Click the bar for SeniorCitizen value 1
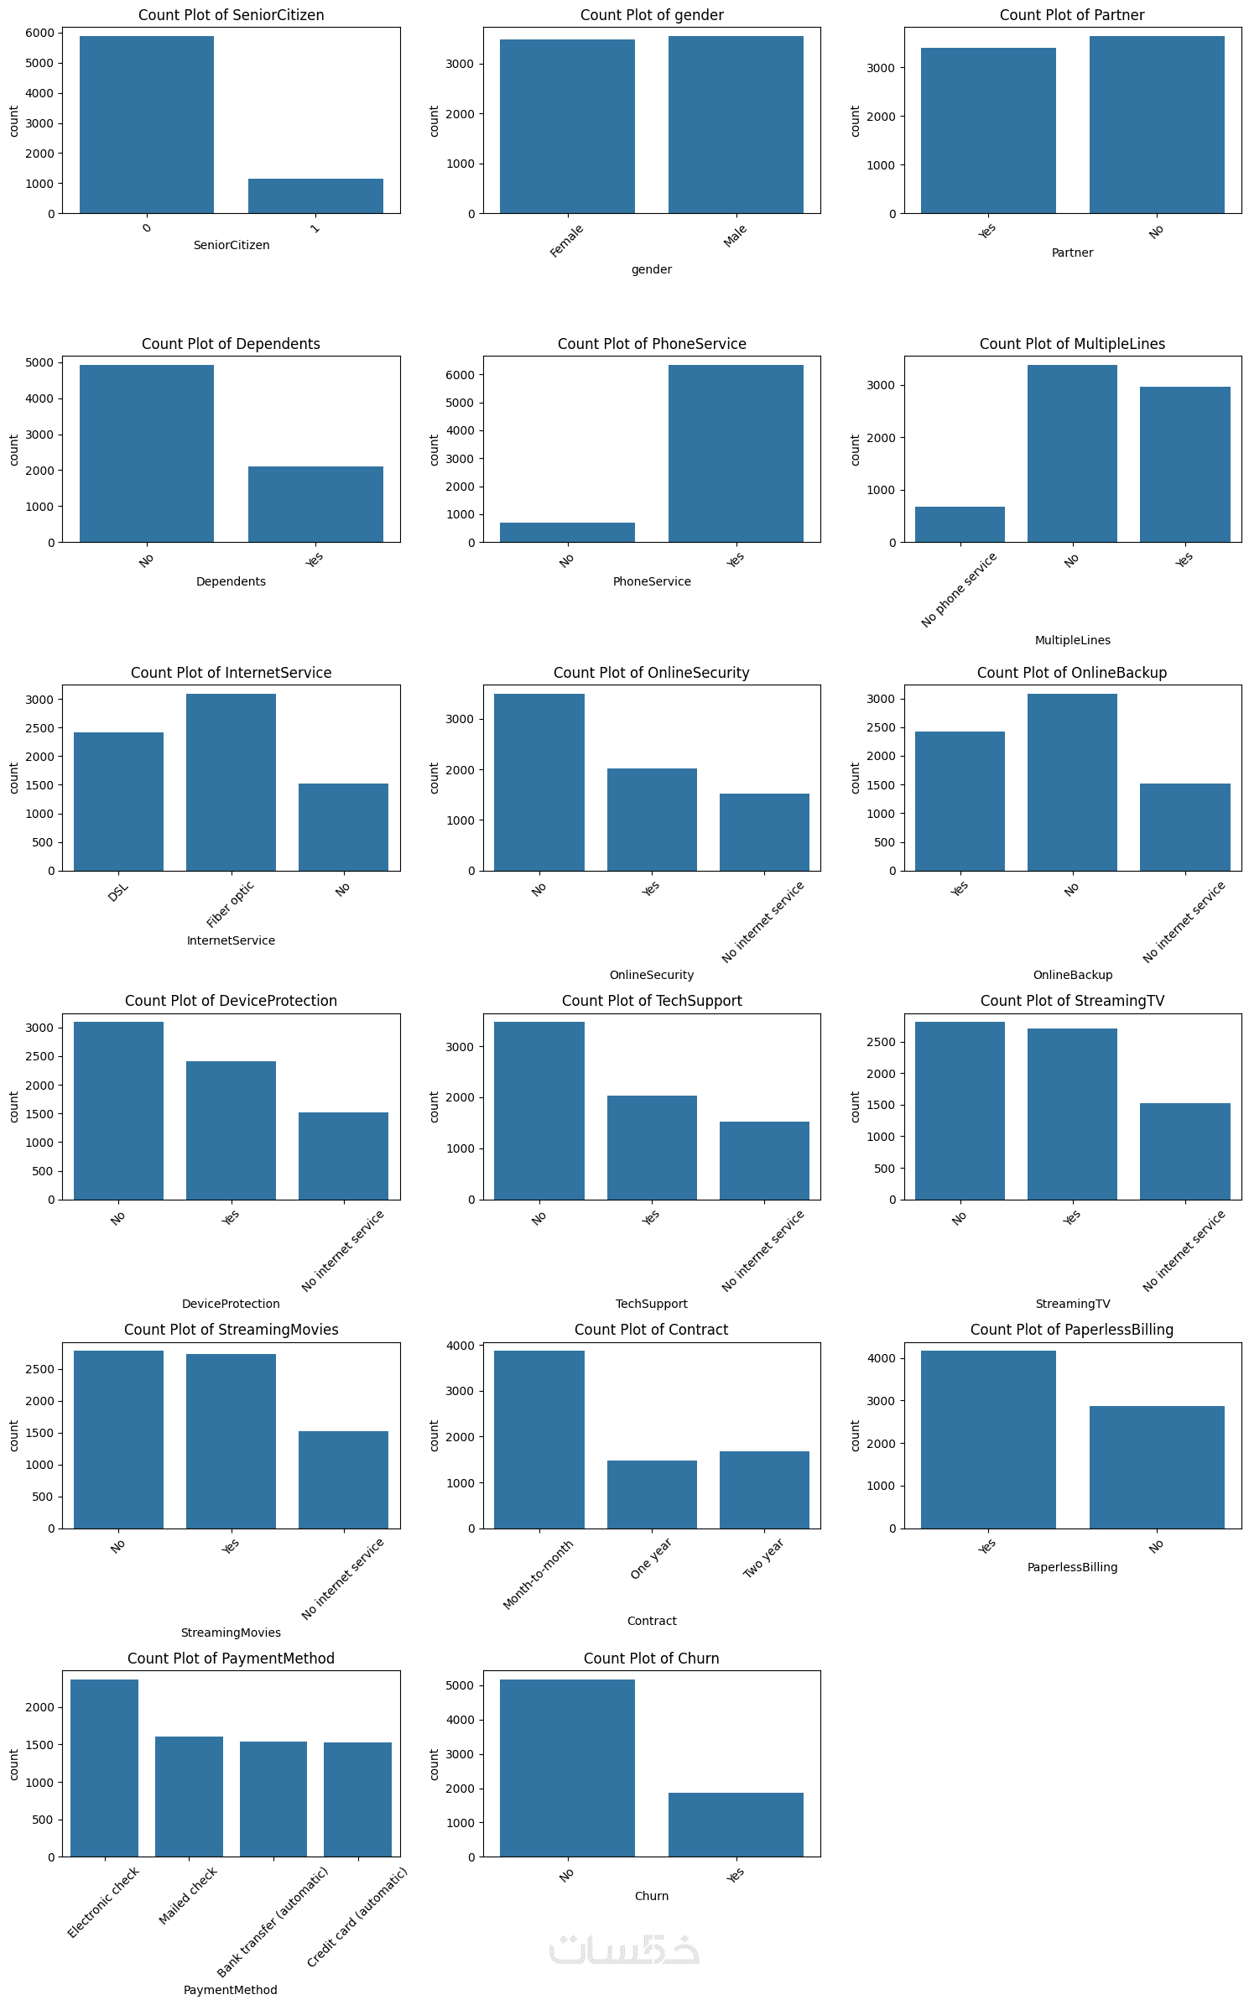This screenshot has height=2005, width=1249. coord(315,196)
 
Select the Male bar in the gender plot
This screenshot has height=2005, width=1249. coord(736,125)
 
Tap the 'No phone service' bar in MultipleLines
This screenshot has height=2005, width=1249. coord(960,524)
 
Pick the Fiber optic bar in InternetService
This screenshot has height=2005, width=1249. coord(231,782)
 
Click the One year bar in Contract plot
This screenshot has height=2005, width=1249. coord(652,1494)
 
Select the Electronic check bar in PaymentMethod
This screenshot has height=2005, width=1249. coord(104,1768)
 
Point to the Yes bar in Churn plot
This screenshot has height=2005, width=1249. coord(736,1825)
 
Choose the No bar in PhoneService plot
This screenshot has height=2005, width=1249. coord(567,533)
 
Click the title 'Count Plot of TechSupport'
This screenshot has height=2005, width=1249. coord(652,1001)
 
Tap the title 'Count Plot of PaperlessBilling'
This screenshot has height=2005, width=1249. coord(1072,1330)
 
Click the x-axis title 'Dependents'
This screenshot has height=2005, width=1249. coord(231,581)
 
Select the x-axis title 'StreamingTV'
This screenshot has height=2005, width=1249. coord(1072,1304)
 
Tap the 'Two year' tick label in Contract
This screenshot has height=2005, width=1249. coord(763,1558)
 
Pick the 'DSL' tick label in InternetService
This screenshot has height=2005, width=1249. coord(118,893)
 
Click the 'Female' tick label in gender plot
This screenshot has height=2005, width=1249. coord(567,241)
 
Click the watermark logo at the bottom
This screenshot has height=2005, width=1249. coord(624,1950)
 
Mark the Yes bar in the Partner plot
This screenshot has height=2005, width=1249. coord(988,131)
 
